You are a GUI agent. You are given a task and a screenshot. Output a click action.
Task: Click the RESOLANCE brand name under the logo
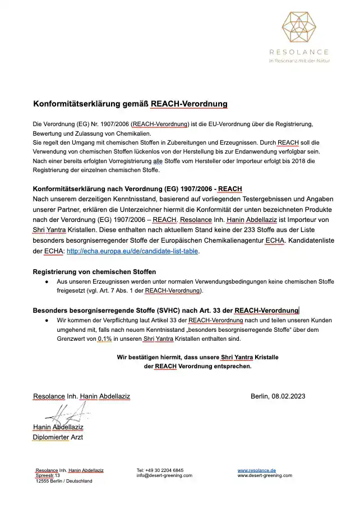[x=303, y=51]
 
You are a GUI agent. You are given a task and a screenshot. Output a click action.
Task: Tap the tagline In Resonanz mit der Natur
[x=303, y=60]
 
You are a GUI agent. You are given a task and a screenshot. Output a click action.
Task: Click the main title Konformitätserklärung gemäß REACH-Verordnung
[x=122, y=104]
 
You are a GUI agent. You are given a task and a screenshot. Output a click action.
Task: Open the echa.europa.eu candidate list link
[x=132, y=252]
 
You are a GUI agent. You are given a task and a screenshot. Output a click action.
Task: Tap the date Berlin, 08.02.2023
[x=278, y=396]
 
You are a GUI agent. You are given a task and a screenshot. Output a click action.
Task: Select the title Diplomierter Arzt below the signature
[x=58, y=437]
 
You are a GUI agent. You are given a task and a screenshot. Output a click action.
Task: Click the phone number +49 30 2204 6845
[x=160, y=470]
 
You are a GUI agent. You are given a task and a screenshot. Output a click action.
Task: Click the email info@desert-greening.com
[x=164, y=475]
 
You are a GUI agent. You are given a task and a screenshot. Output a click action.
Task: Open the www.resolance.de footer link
[x=257, y=470]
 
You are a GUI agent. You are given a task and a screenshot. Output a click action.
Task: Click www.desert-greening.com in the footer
[x=265, y=475]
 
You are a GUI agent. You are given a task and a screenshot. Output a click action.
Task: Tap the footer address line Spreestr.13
[x=48, y=475]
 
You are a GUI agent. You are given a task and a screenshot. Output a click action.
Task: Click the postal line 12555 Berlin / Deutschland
[x=64, y=481]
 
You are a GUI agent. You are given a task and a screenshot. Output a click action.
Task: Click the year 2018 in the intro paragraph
[x=292, y=161]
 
